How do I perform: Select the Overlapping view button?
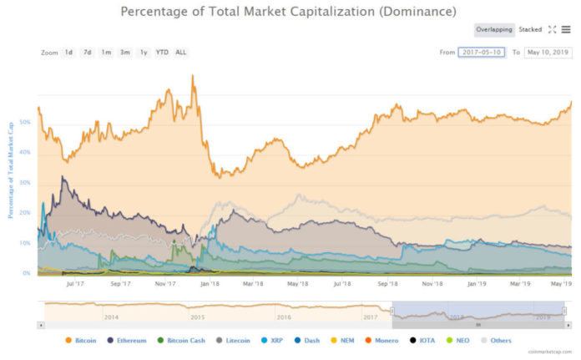pyautogui.click(x=493, y=29)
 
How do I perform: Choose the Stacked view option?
pyautogui.click(x=530, y=29)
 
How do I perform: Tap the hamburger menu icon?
pyautogui.click(x=566, y=29)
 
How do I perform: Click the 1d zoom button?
pyautogui.click(x=69, y=53)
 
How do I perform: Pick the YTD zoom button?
pyautogui.click(x=162, y=53)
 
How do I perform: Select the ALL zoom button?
pyautogui.click(x=181, y=53)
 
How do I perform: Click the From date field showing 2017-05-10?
pyautogui.click(x=482, y=53)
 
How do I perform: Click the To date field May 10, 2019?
pyautogui.click(x=548, y=53)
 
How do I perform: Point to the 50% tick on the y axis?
pyautogui.click(x=25, y=122)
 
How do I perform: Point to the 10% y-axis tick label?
pyautogui.click(x=25, y=243)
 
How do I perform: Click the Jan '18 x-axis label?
pyautogui.click(x=210, y=283)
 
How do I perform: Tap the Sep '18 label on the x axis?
pyautogui.click(x=387, y=283)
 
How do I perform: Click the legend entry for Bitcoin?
pyautogui.click(x=82, y=341)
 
